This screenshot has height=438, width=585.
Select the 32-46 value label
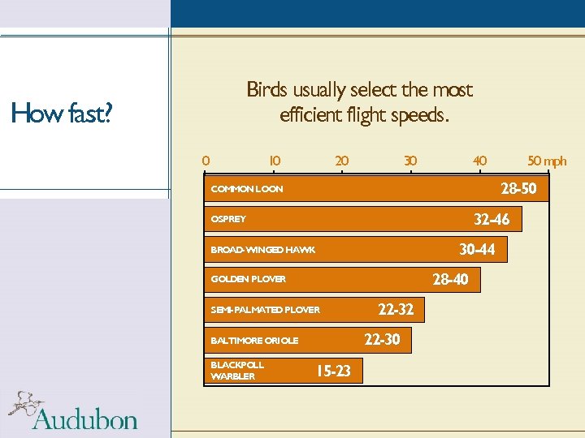492,219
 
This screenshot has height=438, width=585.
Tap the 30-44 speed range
477,249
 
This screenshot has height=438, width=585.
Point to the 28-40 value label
450,280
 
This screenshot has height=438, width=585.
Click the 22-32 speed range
396,309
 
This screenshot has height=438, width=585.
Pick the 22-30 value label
382,340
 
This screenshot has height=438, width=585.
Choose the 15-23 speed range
333,371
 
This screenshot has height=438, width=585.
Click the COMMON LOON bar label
247,189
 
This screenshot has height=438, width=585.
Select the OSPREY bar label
228,219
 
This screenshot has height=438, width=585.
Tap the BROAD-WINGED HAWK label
262,250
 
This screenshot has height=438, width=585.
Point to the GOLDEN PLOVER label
248,279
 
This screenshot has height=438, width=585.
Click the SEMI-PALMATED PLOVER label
265,310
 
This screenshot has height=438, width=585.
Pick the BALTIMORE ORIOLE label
254,341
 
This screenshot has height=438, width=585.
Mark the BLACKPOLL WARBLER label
236,371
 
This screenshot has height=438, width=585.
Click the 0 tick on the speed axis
206,161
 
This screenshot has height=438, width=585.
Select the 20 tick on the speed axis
342,161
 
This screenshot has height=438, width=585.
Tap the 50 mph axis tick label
547,161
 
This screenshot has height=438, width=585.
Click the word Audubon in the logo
85,419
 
